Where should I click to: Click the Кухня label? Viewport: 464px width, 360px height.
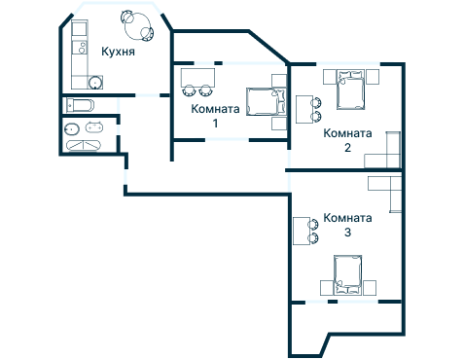pos(118,52)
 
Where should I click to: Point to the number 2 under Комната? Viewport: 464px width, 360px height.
pos(347,148)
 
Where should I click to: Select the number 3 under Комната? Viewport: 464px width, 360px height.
pos(347,233)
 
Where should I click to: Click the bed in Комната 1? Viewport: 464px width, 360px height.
pos(266,101)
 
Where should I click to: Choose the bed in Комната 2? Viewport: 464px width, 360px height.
pos(350,90)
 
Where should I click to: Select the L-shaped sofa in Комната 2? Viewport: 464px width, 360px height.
pos(388,154)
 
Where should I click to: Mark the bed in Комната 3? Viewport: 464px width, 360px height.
pos(349,274)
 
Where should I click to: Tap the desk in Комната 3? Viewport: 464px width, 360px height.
pos(300,232)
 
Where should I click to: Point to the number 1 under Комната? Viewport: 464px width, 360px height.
pos(215,124)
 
